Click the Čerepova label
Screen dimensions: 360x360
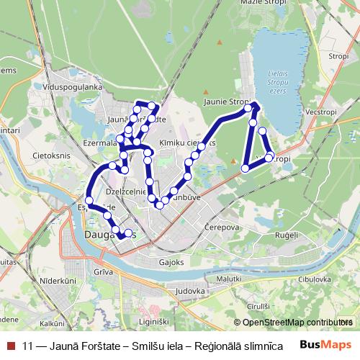[x=222, y=225]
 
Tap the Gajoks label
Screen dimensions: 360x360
[x=172, y=263]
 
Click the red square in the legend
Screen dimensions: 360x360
[x=9, y=345]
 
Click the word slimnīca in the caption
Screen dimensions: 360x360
[x=253, y=345]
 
